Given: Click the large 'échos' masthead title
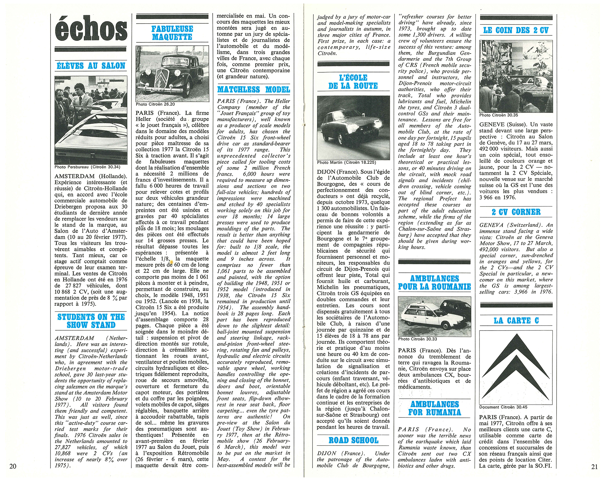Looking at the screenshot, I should (x=91, y=29).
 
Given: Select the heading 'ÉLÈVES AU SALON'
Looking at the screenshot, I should (x=91, y=66).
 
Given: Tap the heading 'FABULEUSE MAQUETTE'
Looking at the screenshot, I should (x=172, y=33).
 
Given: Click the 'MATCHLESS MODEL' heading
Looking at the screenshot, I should (x=253, y=90).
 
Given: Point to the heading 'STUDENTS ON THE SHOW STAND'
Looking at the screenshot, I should (x=91, y=321).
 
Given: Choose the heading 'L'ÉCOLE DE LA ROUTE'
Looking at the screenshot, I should (x=353, y=82).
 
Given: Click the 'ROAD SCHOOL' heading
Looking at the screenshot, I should (x=353, y=440).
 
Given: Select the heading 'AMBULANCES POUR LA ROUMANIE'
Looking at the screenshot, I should (x=434, y=282).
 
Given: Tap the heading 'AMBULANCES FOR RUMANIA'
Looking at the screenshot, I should (x=434, y=408).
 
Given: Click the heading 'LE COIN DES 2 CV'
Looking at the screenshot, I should (x=516, y=30).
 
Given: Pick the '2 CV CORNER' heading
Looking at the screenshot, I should (x=516, y=212).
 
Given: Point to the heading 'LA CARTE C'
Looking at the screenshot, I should (x=516, y=321).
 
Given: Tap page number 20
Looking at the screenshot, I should (x=13, y=466).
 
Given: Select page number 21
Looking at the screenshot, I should (x=594, y=467).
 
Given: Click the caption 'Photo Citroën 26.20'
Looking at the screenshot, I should (x=155, y=104).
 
